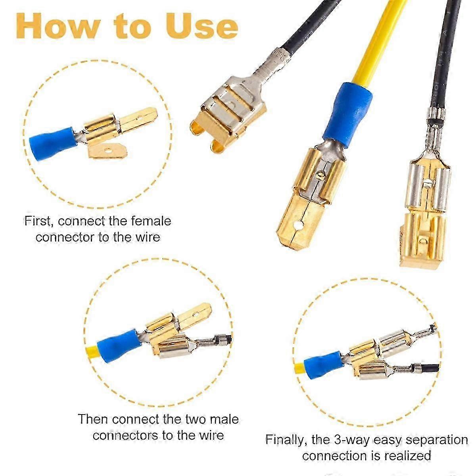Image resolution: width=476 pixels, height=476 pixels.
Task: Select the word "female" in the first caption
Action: (x=151, y=221)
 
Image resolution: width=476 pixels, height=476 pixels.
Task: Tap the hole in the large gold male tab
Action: (x=299, y=225)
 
